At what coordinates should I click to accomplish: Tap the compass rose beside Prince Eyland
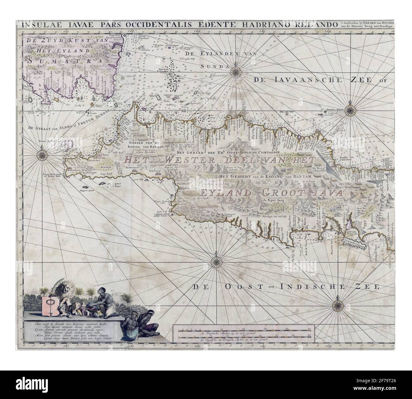click(x=42, y=155)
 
